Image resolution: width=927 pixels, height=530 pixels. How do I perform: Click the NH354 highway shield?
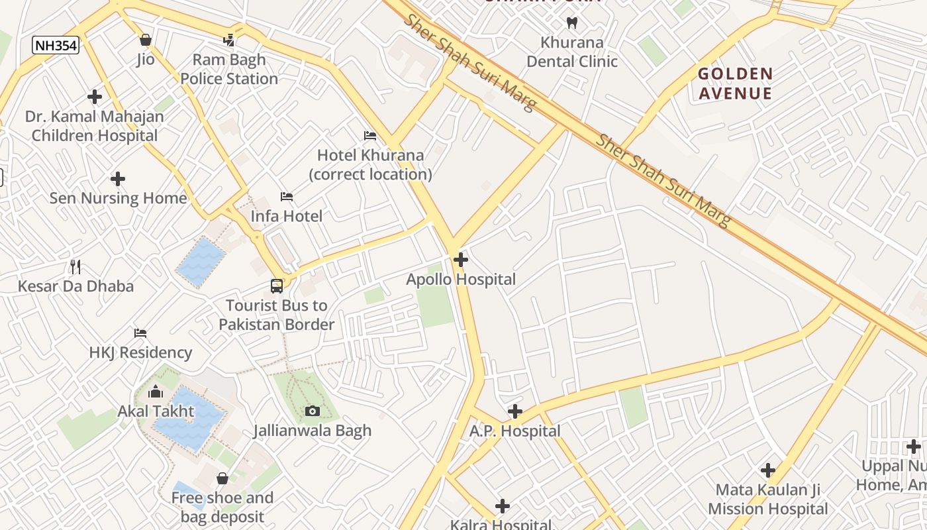pos(56,45)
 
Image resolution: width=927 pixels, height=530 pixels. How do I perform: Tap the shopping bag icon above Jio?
pos(146,40)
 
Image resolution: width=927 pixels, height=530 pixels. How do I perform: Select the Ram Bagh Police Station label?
pos(229,69)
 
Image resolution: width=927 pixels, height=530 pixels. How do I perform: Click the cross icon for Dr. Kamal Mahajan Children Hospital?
pos(95,97)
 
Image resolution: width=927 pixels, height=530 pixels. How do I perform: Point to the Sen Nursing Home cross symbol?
pos(118,179)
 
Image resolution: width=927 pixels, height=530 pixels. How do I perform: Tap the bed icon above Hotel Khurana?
pos(370,136)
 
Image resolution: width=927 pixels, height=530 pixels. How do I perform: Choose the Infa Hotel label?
pos(287,216)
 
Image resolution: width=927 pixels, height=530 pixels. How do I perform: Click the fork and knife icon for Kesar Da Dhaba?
pos(75,267)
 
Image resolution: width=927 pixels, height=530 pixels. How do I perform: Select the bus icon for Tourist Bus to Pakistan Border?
pos(277,286)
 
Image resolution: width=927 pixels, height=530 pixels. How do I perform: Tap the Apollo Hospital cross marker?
pos(461,260)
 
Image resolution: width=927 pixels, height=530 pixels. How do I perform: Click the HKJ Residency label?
pos(140,352)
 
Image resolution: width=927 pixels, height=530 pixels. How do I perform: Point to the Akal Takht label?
pos(156,411)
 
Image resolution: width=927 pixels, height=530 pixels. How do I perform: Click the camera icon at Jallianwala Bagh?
pos(313,411)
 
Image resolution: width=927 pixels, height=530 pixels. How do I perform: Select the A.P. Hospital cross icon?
pos(515,411)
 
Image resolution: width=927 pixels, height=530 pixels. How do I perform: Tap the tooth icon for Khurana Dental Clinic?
pos(572,23)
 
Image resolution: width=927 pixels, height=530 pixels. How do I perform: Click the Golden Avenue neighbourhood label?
pos(735,83)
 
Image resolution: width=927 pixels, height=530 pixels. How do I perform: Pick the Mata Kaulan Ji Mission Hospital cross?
pos(768,470)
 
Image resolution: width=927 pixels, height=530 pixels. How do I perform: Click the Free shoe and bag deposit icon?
pos(222,478)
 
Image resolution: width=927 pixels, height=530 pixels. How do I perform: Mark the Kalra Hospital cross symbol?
pos(503,506)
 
